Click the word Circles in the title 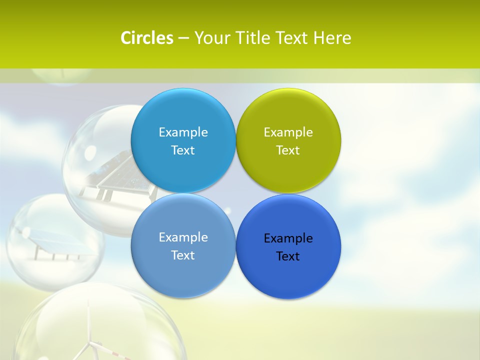point(147,38)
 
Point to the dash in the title point(183,38)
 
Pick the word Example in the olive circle point(288,132)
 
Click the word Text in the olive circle point(288,150)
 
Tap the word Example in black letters point(288,238)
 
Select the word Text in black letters point(288,256)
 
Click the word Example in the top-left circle point(183,132)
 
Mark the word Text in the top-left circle point(183,150)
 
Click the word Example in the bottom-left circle point(183,237)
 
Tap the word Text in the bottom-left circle point(183,255)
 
